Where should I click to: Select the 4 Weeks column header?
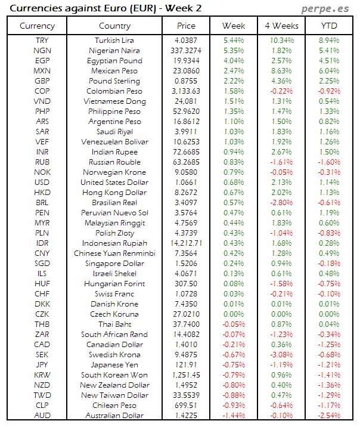point(281,26)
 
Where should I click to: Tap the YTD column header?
point(329,26)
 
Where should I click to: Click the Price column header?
point(186,26)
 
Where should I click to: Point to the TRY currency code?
point(42,40)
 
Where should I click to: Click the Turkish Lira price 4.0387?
point(186,40)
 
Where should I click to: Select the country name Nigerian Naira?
point(114,50)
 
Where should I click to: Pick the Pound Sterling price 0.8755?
point(186,81)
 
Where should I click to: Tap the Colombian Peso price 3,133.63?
point(186,91)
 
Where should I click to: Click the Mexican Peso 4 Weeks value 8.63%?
point(281,70)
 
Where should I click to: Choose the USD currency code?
point(42,182)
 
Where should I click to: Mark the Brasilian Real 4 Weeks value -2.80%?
point(281,202)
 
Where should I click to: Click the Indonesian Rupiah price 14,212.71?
point(186,243)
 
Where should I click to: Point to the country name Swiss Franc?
point(114,293)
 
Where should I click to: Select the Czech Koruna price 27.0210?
point(186,314)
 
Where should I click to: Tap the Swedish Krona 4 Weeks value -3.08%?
point(281,354)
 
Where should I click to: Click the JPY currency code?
point(42,364)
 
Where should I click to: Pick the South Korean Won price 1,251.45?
point(186,375)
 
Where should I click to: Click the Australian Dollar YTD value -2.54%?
point(329,415)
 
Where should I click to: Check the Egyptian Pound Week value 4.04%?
point(233,60)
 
